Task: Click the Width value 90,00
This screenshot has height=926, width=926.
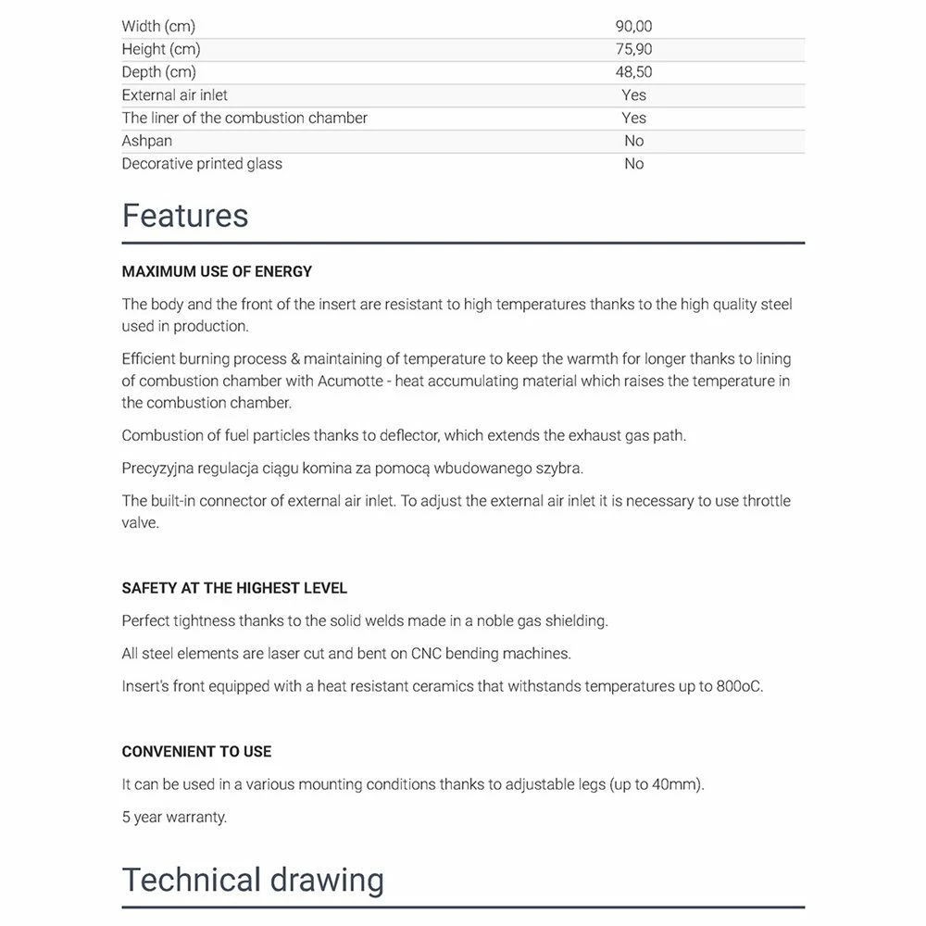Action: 634,27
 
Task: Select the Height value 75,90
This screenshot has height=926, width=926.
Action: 634,49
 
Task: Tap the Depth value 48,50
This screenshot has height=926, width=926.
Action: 634,72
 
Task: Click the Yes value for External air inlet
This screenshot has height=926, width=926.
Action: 634,94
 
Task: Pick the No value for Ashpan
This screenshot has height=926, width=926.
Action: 634,141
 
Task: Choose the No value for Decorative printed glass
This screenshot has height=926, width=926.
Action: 634,164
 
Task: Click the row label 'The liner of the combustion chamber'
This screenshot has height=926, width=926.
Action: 244,118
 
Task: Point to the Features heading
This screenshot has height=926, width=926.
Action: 185,216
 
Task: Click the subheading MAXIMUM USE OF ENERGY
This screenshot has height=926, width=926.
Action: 217,272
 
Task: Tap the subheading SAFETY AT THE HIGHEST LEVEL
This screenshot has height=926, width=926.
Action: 234,588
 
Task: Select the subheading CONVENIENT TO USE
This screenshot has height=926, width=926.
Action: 196,752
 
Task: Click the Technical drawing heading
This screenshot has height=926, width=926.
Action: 253,880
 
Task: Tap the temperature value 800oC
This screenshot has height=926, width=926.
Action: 739,687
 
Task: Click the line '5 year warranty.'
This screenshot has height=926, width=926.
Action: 174,817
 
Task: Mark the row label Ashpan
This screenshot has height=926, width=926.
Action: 146,141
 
